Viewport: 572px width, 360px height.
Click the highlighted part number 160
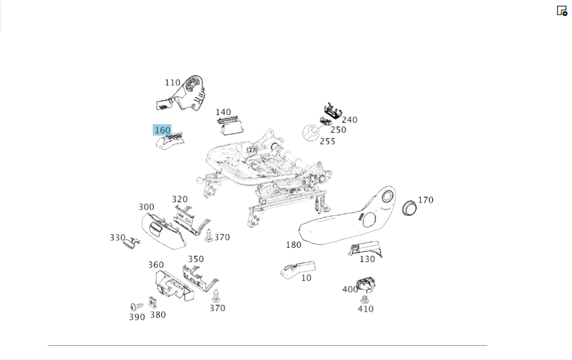tap(162, 130)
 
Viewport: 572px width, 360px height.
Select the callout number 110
tap(172, 82)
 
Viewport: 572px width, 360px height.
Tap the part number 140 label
tap(223, 112)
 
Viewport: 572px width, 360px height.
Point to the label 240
tap(349, 120)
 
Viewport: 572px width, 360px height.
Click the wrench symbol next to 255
tap(310, 133)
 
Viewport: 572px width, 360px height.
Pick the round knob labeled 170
tap(410, 208)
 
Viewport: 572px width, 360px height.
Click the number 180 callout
tap(293, 245)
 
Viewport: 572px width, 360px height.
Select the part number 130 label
tap(367, 259)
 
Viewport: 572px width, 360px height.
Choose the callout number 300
tap(146, 207)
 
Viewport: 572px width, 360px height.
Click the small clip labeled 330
tap(131, 243)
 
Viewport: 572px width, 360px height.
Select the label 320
tap(180, 199)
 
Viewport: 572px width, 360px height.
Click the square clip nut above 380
tap(153, 301)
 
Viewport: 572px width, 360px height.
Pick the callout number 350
tap(196, 259)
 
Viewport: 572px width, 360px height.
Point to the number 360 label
tap(156, 264)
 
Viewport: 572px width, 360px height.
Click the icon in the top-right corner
tap(562, 10)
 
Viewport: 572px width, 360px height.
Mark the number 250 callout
tap(338, 129)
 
